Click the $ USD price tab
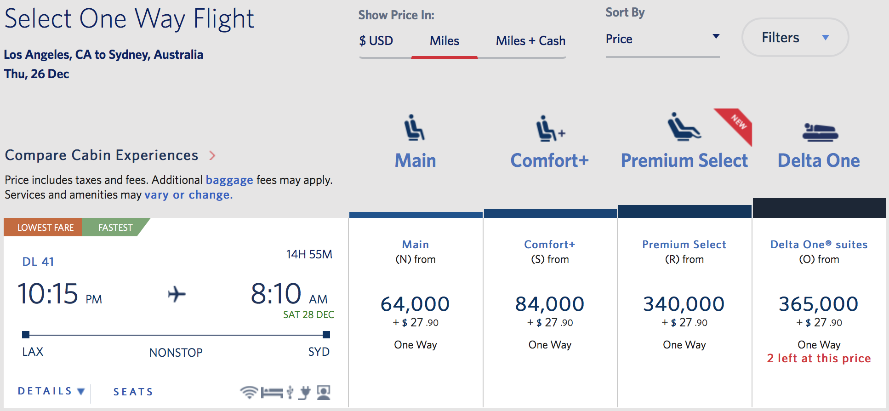[376, 41]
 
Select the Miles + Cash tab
[530, 41]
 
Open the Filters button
[795, 38]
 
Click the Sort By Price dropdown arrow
[716, 36]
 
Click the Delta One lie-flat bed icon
[820, 132]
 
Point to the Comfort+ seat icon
[549, 128]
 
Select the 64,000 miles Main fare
[415, 304]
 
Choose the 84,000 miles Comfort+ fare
[550, 304]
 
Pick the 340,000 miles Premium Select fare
[684, 304]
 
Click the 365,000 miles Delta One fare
[819, 304]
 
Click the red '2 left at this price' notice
[819, 359]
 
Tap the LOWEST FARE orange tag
[45, 228]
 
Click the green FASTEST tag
[115, 228]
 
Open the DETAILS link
[51, 391]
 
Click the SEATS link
[133, 392]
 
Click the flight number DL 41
[38, 262]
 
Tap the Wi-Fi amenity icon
[249, 392]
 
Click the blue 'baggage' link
[229, 180]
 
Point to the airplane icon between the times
[177, 294]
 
